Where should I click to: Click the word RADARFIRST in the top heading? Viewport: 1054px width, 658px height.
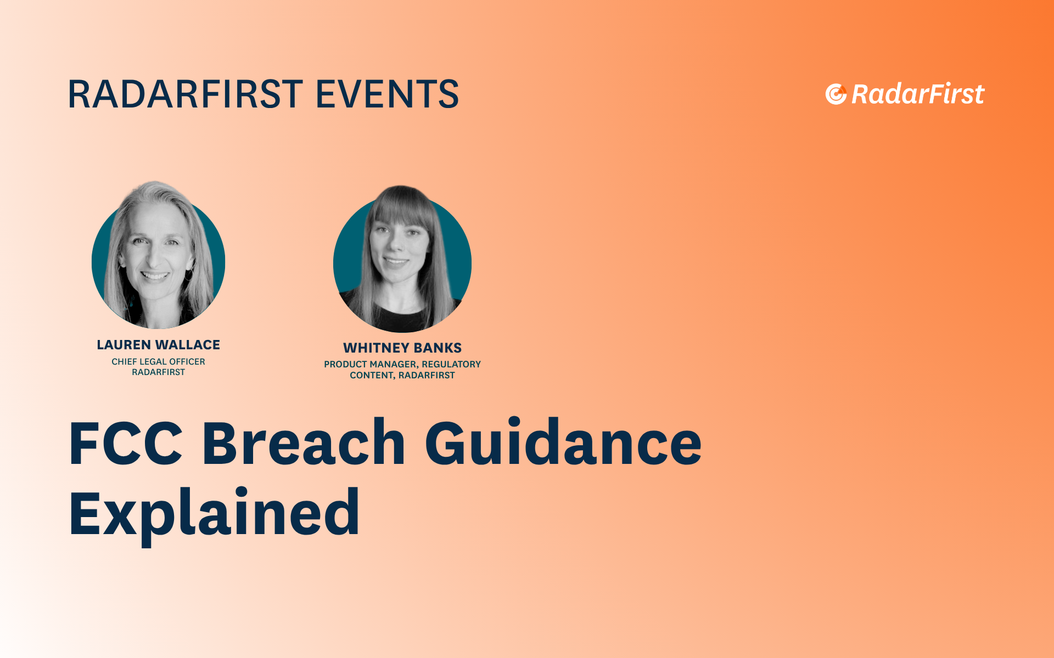(x=185, y=94)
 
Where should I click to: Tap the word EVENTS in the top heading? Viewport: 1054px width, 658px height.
(x=387, y=94)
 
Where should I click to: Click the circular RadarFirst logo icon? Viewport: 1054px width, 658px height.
(x=836, y=94)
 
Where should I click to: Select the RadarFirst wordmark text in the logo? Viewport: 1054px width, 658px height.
(x=918, y=94)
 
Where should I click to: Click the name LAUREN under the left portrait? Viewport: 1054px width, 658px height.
(x=124, y=345)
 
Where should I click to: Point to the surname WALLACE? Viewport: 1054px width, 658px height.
(x=188, y=345)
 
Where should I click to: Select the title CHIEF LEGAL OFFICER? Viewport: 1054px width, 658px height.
(x=158, y=362)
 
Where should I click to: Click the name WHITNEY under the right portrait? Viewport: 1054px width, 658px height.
(x=375, y=348)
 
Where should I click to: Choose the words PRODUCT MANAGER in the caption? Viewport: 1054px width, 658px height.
(x=371, y=365)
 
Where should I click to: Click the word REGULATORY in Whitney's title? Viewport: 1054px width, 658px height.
(x=451, y=364)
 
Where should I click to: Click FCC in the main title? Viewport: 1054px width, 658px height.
(x=126, y=443)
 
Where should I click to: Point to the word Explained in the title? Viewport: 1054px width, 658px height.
(x=214, y=513)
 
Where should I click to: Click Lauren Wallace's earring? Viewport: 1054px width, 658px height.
(x=189, y=274)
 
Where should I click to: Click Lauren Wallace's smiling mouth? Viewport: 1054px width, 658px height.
(x=155, y=275)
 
